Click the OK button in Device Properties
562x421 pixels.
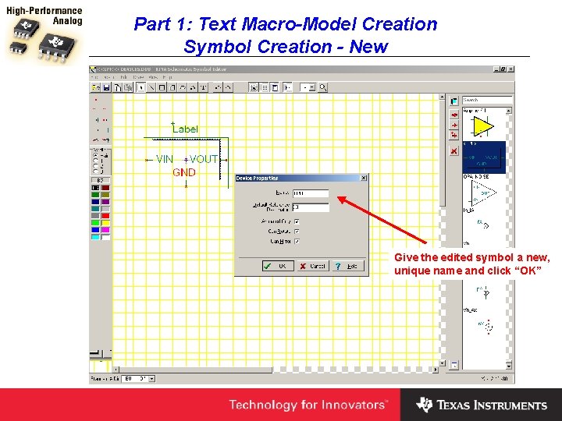[278, 266]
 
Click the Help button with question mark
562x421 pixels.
[350, 266]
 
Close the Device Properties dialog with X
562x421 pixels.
[363, 179]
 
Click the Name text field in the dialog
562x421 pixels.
[311, 193]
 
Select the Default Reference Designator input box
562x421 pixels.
[311, 207]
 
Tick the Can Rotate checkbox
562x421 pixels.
[297, 232]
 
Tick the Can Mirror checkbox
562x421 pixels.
[297, 242]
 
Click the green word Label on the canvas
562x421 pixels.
[185, 129]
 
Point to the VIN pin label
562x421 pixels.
[164, 159]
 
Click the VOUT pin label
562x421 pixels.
[204, 159]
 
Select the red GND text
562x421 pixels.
[184, 172]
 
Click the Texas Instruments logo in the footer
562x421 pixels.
[481, 405]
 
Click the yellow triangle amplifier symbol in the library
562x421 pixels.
[483, 126]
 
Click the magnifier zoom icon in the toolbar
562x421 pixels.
[322, 87]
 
